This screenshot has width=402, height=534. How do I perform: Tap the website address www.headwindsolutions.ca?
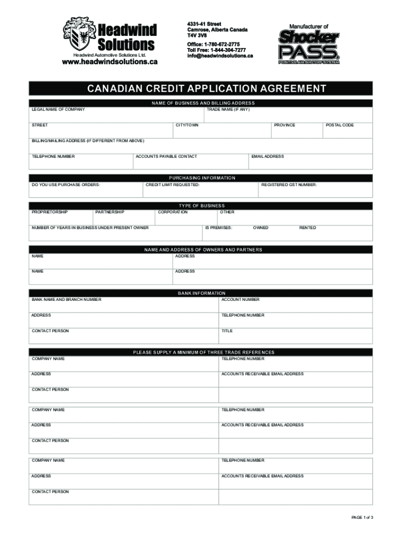tap(110, 62)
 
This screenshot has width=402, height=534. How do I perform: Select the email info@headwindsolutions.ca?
tap(220, 56)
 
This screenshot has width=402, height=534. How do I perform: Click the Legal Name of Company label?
tap(58, 110)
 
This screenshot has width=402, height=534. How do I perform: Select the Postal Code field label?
tap(340, 125)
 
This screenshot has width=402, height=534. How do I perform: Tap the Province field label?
tap(285, 125)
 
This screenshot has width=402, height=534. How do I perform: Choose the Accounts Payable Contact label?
tap(167, 156)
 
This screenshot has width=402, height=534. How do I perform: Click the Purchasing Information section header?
tap(202, 178)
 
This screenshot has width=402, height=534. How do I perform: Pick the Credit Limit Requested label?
tap(172, 185)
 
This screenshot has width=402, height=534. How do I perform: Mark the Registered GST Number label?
tap(289, 185)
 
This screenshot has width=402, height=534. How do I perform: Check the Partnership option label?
tap(110, 212)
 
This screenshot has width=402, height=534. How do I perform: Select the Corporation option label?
tap(173, 212)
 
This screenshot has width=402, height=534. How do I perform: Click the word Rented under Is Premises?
tap(308, 228)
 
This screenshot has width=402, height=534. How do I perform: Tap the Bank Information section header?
tap(202, 293)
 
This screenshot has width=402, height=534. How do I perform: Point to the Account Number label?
tap(240, 300)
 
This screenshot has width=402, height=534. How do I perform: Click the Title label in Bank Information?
tap(227, 331)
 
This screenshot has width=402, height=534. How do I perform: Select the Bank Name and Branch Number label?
tap(66, 300)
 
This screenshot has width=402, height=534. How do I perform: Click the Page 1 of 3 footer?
tap(362, 517)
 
